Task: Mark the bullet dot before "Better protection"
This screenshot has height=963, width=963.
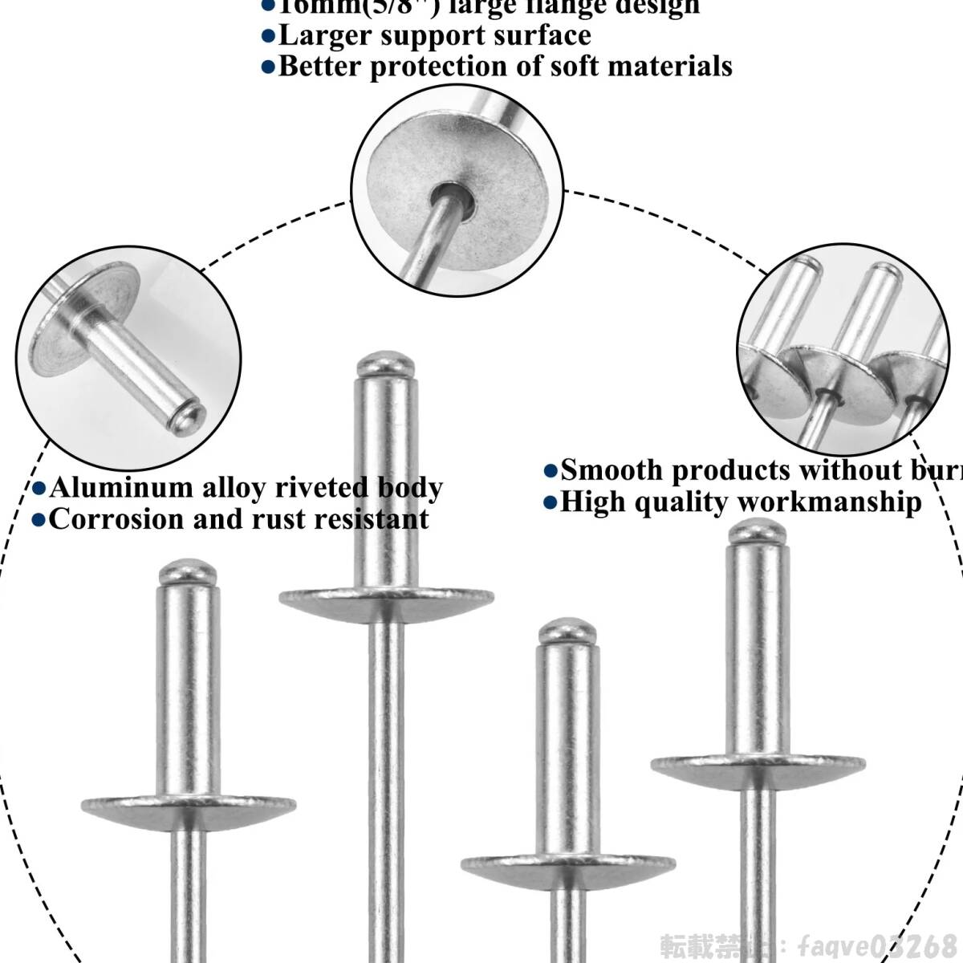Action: (x=268, y=67)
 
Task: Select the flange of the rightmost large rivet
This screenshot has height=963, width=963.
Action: (x=758, y=764)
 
